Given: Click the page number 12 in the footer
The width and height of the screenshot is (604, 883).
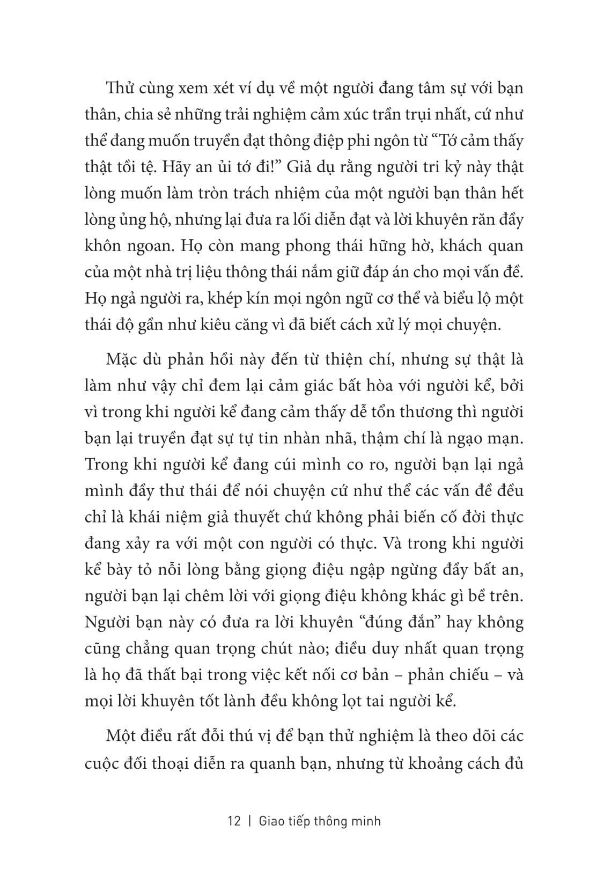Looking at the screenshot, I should (234, 821).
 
